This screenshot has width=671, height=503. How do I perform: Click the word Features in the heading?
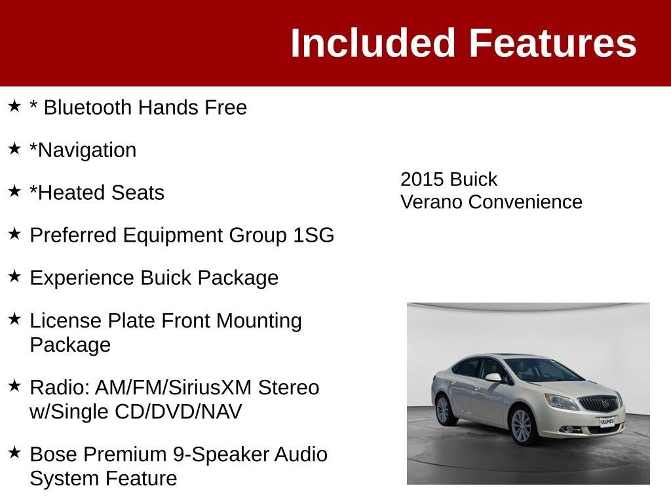point(553,43)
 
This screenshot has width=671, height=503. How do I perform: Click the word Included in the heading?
point(372,43)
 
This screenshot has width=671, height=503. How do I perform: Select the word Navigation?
point(87,150)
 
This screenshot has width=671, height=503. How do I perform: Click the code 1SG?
point(314,235)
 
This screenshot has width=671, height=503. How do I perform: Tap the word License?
point(66,320)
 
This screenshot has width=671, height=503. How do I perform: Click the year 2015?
point(421,179)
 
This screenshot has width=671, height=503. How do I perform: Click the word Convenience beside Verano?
point(526,202)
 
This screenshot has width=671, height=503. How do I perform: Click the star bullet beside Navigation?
point(14,149)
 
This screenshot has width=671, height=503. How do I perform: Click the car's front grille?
point(600,403)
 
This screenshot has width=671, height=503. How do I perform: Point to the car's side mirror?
point(494,377)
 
